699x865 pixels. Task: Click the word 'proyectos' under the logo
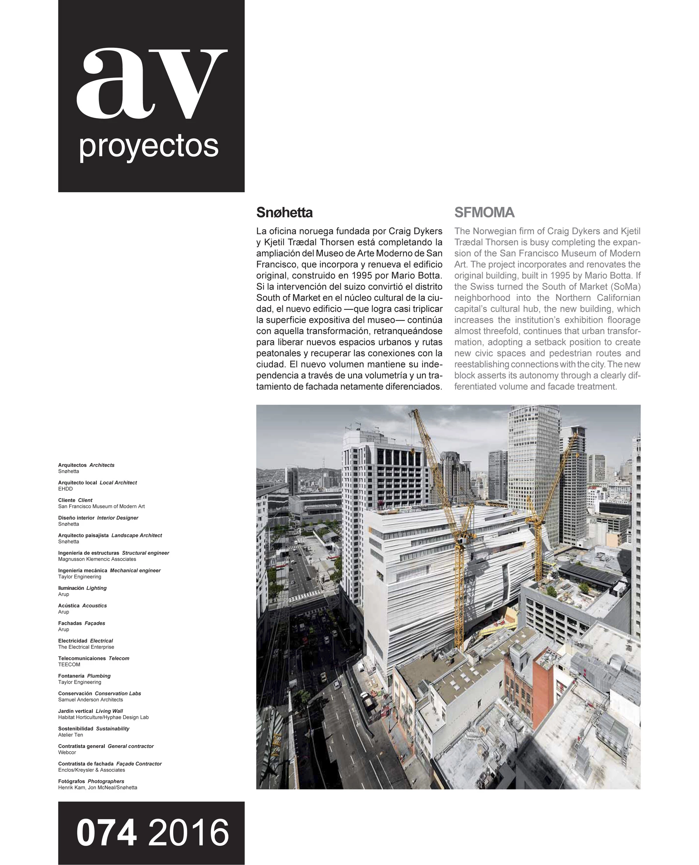click(149, 147)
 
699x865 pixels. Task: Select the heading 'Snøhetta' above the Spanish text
click(284, 212)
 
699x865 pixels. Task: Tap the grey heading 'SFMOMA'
click(484, 212)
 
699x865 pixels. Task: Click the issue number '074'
click(107, 833)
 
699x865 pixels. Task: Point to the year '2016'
click(188, 833)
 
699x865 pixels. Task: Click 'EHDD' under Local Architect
click(65, 489)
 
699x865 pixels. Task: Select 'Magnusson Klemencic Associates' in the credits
click(97, 559)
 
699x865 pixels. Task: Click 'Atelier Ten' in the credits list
click(71, 735)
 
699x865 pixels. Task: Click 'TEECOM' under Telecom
click(69, 665)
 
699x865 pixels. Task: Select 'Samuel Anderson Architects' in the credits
click(91, 700)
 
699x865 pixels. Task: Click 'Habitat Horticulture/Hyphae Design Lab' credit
click(103, 717)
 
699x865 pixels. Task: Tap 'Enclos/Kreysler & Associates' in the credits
click(92, 770)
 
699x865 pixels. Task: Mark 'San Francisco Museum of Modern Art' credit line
click(101, 507)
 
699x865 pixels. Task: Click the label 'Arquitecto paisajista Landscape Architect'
click(110, 535)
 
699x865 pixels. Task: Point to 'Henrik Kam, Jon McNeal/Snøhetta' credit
click(98, 788)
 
